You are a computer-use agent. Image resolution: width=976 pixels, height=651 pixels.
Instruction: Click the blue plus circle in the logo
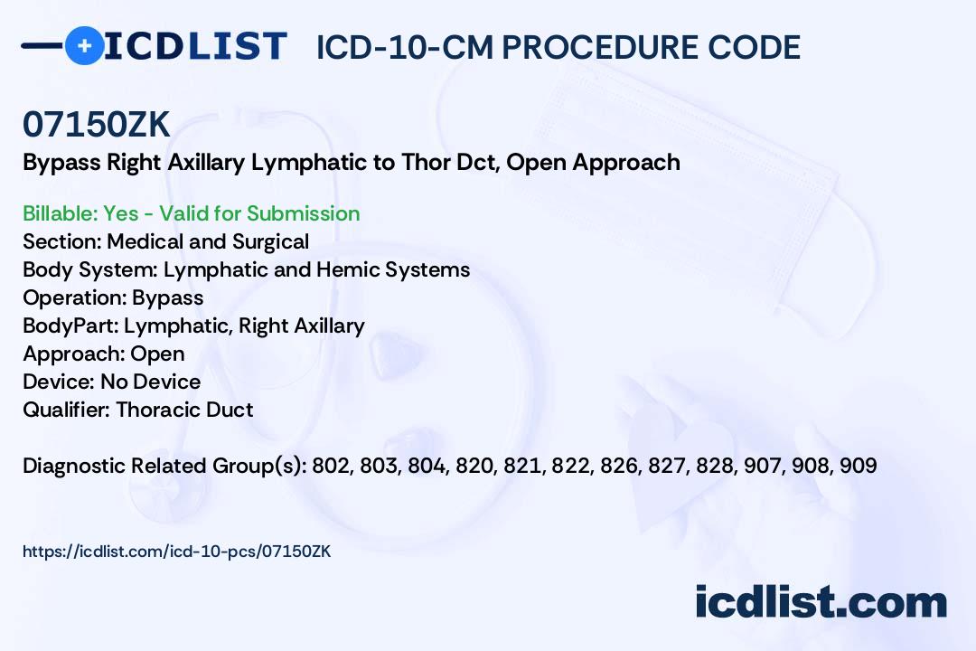[x=84, y=45]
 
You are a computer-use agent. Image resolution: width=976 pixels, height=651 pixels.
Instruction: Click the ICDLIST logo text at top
[x=195, y=46]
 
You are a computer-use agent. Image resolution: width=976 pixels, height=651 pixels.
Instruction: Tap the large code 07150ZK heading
[x=97, y=125]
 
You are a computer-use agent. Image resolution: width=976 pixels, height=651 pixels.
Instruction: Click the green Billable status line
[x=192, y=213]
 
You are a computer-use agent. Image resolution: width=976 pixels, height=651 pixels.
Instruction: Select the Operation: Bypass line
[x=113, y=297]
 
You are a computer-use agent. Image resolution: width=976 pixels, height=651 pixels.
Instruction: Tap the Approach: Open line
[x=104, y=354]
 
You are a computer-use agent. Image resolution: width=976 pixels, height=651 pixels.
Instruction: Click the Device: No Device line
[x=112, y=382]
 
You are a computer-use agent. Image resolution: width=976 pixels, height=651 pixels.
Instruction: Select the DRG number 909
[x=858, y=466]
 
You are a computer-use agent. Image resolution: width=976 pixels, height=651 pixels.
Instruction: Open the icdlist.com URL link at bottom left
[x=177, y=551]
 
